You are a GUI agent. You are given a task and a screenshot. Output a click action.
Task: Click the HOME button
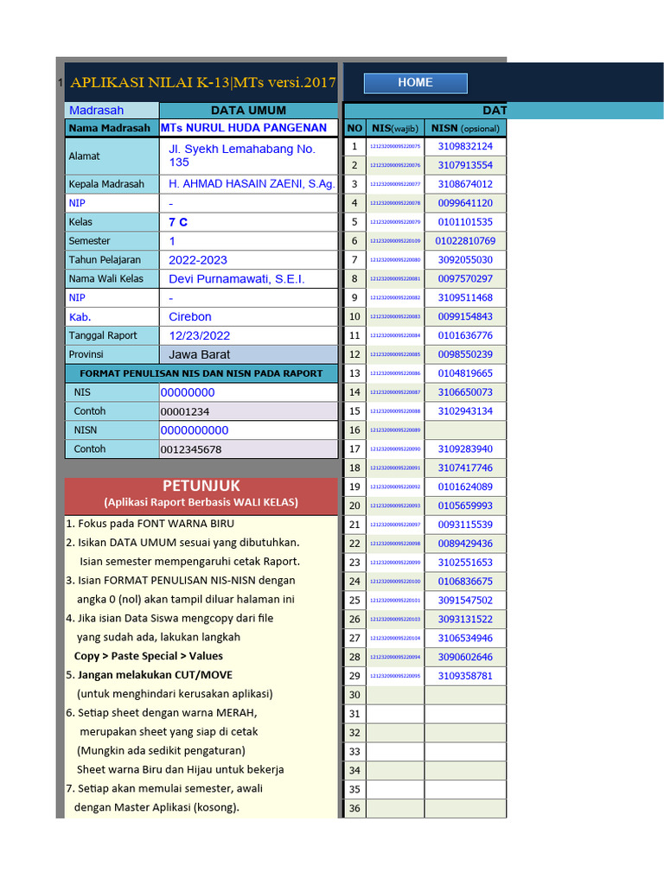(415, 83)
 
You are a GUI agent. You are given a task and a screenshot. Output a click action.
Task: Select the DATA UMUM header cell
(248, 111)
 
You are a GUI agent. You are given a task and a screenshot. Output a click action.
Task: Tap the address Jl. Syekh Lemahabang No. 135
(241, 156)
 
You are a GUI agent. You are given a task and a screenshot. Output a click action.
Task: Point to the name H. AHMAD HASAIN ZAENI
(251, 184)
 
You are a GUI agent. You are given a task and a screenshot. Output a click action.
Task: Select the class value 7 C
(178, 222)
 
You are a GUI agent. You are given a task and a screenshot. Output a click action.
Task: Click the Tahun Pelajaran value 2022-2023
(198, 260)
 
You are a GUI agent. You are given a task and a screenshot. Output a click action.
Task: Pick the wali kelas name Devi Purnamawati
(236, 279)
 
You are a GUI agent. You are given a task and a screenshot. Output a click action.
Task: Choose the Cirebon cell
(190, 317)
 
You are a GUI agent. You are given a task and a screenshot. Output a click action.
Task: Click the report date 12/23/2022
(199, 336)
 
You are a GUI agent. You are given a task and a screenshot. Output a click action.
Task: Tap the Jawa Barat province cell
(199, 354)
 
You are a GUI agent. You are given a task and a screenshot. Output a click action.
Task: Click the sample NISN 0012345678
(191, 449)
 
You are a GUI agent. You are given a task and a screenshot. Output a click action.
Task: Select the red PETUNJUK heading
(201, 487)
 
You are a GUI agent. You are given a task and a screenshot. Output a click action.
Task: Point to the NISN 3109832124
(465, 147)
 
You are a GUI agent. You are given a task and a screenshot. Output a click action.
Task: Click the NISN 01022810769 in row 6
(465, 241)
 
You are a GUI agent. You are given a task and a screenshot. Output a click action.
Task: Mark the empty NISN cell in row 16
(465, 430)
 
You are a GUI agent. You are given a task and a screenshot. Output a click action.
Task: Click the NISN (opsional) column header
(465, 128)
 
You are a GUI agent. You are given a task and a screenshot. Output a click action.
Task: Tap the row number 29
(354, 676)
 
